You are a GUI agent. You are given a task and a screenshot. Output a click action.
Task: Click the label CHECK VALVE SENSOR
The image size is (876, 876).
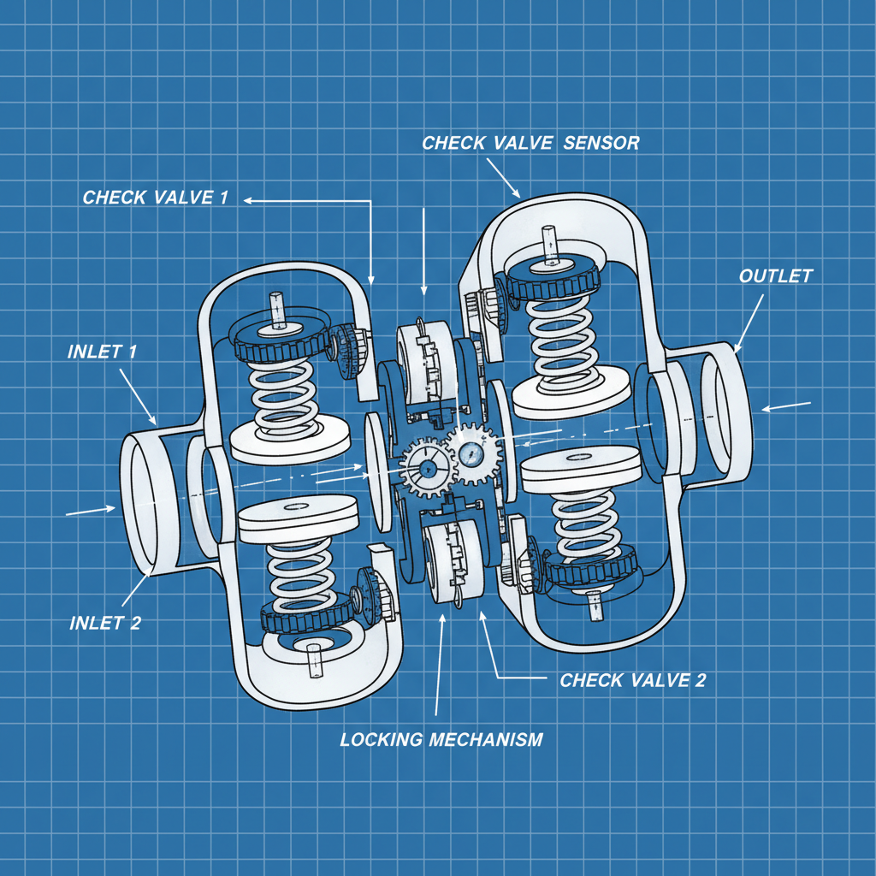530,142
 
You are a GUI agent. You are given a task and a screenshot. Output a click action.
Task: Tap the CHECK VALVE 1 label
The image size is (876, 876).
156,198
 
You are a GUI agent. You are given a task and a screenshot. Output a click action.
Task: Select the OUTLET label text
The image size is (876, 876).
775,276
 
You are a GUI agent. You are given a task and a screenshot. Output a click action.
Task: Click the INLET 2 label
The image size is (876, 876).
105,622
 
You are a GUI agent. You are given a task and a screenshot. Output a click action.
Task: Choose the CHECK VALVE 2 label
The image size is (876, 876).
632,680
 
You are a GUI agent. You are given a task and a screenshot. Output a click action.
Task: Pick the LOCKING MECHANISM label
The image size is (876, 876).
441,739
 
